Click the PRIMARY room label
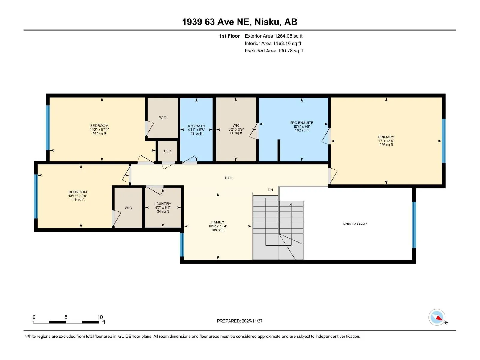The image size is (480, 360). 386,137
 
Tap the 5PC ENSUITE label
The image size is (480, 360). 302,123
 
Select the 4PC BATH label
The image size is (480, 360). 196,126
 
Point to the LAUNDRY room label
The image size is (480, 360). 163,204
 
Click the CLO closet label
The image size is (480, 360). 167,151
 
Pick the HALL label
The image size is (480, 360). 229,178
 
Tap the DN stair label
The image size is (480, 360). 271,190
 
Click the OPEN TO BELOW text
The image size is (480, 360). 355,223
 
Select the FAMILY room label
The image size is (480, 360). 218,222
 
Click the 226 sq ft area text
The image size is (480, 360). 386,145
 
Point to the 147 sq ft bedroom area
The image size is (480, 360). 99,133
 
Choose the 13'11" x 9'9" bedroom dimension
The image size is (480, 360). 78,196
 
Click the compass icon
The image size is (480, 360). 437,317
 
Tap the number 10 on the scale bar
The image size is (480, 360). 100,317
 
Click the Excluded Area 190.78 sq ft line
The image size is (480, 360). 274,51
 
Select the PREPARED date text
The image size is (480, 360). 240,321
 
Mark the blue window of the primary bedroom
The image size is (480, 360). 444,141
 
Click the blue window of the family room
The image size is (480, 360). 181,244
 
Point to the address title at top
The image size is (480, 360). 240,22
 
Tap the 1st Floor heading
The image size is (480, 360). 229,36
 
